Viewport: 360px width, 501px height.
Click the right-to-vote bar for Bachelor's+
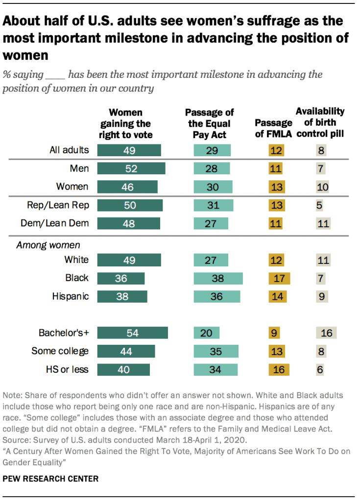[x=132, y=333]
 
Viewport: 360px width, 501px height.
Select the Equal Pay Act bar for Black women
[x=218, y=278]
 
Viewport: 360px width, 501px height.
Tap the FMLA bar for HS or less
[x=279, y=369]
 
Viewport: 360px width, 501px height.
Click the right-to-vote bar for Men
[x=131, y=168]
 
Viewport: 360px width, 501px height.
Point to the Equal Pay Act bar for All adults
[x=212, y=150]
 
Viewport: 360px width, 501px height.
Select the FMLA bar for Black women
[x=279, y=278]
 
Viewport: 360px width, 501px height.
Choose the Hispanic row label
[x=71, y=296]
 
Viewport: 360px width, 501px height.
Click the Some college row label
[x=60, y=351]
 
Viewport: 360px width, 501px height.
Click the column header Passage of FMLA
[x=274, y=129]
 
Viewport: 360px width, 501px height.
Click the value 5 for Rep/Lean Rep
[x=319, y=205]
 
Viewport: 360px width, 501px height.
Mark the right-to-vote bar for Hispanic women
[x=121, y=296]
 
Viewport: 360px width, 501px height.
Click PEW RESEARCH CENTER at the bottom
[x=50, y=478]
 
